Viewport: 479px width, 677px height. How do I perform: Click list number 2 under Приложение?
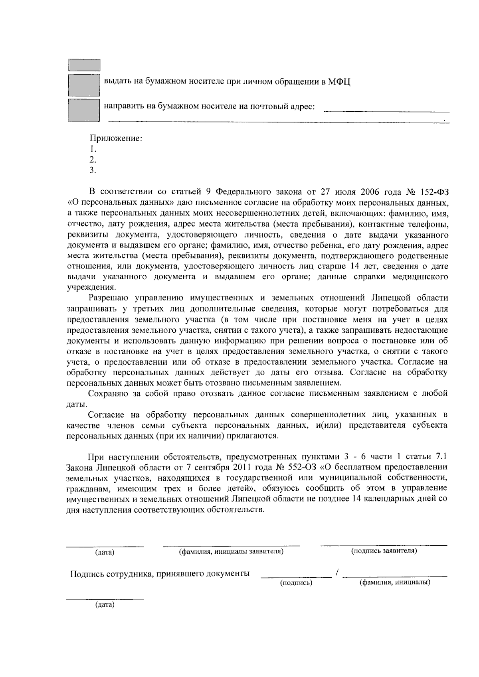[93, 160]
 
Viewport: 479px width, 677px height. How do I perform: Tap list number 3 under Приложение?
[93, 170]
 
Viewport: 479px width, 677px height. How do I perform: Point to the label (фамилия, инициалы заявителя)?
[231, 551]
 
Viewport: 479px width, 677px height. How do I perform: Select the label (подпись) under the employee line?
[296, 583]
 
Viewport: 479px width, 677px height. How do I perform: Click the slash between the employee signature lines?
[338, 573]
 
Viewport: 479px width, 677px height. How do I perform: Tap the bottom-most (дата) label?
[105, 605]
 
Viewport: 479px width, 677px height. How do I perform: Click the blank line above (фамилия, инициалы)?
[395, 576]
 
